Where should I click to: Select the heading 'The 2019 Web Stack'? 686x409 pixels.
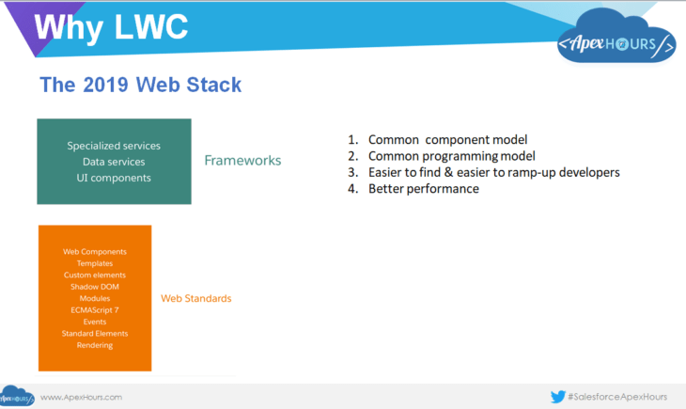coord(140,85)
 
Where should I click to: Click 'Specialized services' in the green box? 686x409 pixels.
coord(114,146)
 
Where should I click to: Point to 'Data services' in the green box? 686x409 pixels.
coord(114,162)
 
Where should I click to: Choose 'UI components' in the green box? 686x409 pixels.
coord(114,177)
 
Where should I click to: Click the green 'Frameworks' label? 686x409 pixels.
coord(242,161)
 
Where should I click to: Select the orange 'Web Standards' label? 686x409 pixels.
coord(195,298)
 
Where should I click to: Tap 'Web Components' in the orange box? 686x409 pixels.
coord(95,252)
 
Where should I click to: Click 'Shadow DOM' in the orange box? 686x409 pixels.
coord(95,287)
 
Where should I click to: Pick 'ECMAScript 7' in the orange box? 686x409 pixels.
coord(95,310)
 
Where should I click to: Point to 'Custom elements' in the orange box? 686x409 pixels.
coord(95,275)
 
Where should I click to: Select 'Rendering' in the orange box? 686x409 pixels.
coord(95,345)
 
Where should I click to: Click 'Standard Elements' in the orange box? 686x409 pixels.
coord(95,334)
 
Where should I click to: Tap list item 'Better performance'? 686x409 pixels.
coord(423,189)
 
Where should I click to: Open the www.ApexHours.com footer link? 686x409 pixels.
coord(81,397)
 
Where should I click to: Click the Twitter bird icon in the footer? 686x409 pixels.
coord(557,397)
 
